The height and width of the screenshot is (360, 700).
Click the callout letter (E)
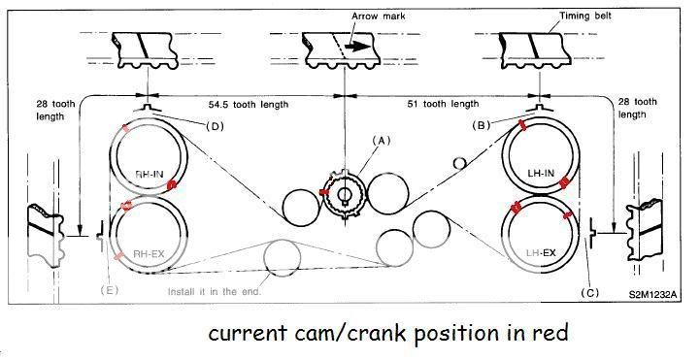(111, 287)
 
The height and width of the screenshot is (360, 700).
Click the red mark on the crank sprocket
(324, 192)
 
